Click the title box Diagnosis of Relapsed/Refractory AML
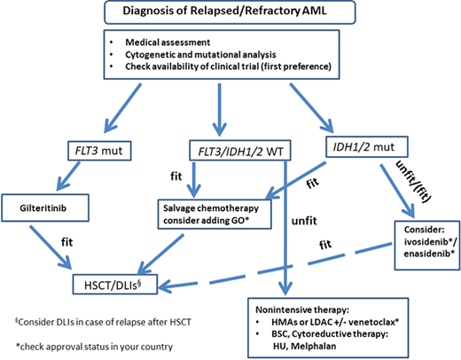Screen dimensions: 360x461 click(x=230, y=12)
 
